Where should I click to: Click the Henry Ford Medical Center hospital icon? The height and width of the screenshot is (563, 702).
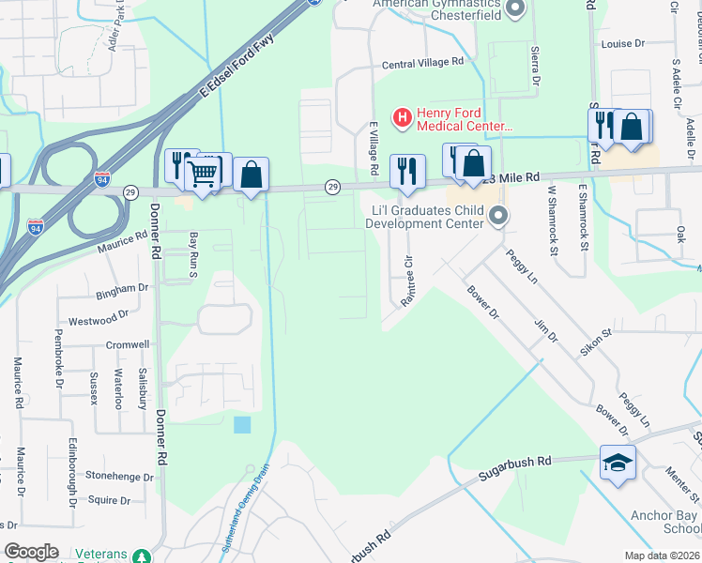(403, 118)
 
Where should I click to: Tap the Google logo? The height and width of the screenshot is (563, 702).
(32, 552)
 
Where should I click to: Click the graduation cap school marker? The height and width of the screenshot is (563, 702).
(618, 462)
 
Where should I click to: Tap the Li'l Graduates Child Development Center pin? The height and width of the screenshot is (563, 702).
(498, 217)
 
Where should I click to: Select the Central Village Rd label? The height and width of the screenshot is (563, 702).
(423, 63)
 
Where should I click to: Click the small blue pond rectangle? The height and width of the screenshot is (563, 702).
(242, 424)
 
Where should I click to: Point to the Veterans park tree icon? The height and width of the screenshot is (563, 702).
(140, 555)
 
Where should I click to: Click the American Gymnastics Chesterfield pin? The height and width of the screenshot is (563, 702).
(513, 9)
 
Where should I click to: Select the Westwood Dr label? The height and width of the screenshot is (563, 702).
(93, 319)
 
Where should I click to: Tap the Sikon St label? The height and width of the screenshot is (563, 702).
(596, 341)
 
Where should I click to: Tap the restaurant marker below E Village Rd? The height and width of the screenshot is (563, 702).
(406, 170)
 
